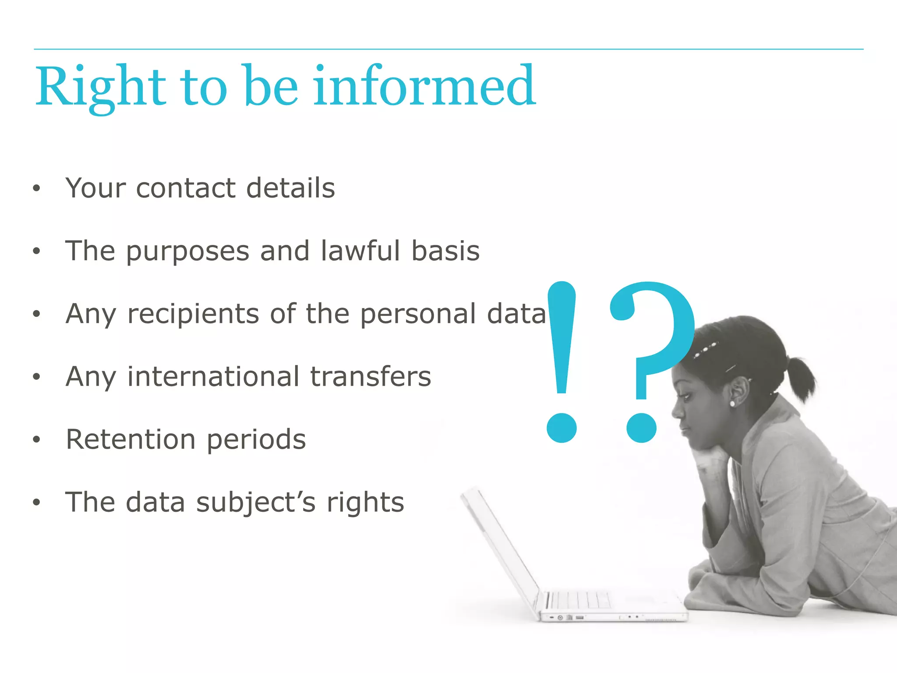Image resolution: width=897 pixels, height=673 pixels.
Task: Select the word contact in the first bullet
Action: click(186, 188)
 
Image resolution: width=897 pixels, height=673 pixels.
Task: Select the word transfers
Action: click(371, 376)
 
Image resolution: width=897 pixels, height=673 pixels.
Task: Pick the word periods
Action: click(256, 440)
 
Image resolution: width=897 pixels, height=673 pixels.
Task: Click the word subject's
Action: click(255, 503)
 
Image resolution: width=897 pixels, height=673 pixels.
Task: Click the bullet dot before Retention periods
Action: click(36, 439)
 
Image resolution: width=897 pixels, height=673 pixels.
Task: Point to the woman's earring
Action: click(732, 403)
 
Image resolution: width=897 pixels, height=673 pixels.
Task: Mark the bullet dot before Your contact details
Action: click(36, 188)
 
